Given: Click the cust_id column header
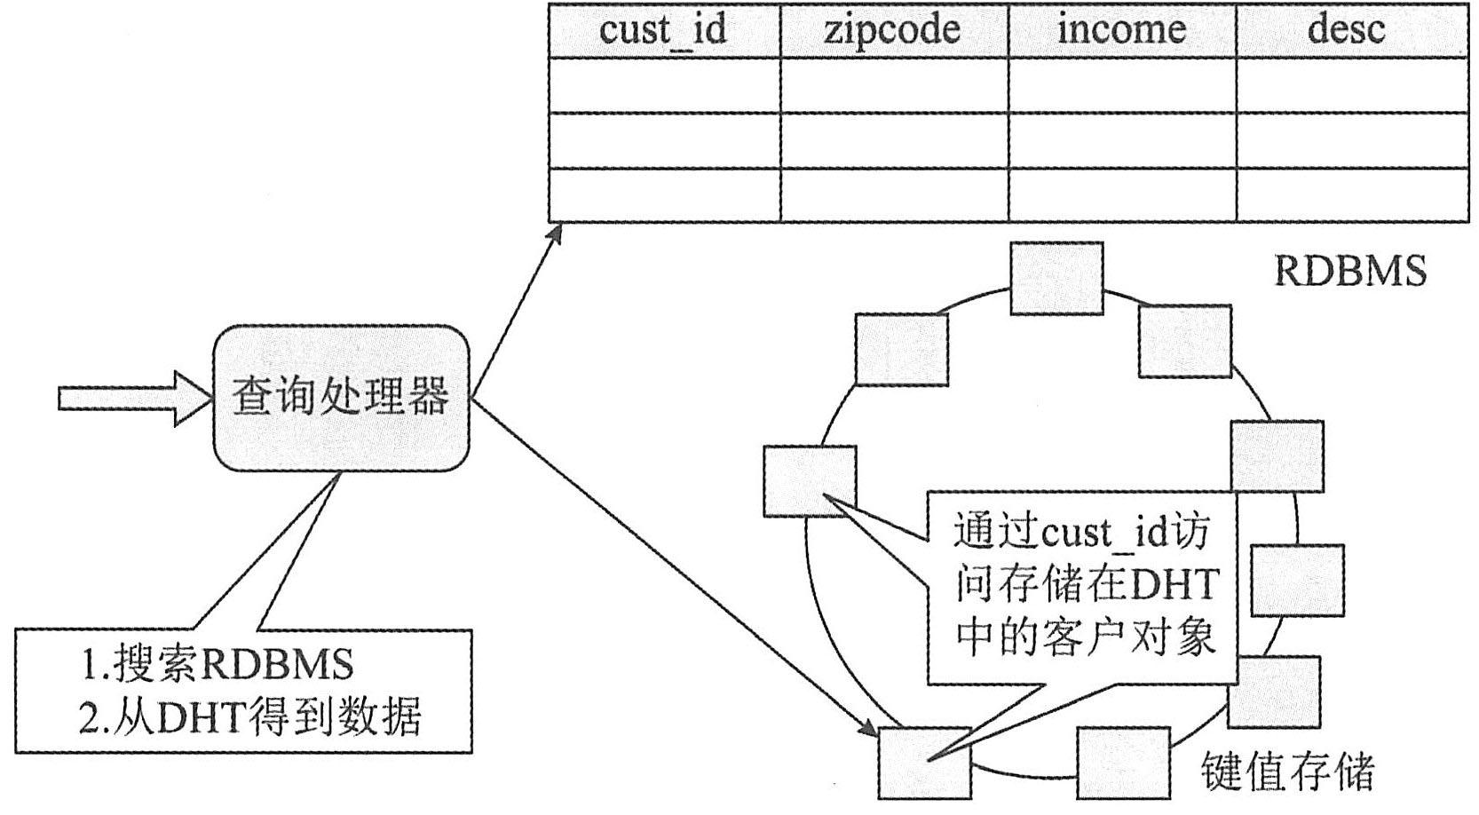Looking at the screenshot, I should coord(663,30).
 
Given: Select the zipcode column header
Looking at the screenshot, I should coord(892,30).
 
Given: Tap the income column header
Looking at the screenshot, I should coord(1121,30).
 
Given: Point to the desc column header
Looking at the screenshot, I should coord(1346,30).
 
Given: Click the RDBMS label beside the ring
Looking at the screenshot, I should coord(1349,271).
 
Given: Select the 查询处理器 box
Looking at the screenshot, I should coord(341,397).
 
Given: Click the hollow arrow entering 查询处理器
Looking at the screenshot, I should coord(133,398).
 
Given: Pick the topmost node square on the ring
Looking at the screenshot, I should coord(1056,278).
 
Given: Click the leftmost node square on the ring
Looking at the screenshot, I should coord(809,481).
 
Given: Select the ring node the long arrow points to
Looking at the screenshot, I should coord(923,762).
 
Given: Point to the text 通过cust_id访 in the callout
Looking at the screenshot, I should coord(1081,533).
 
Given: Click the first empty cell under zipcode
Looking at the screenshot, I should coord(894,85).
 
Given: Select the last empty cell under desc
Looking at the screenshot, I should coord(1352,194).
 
